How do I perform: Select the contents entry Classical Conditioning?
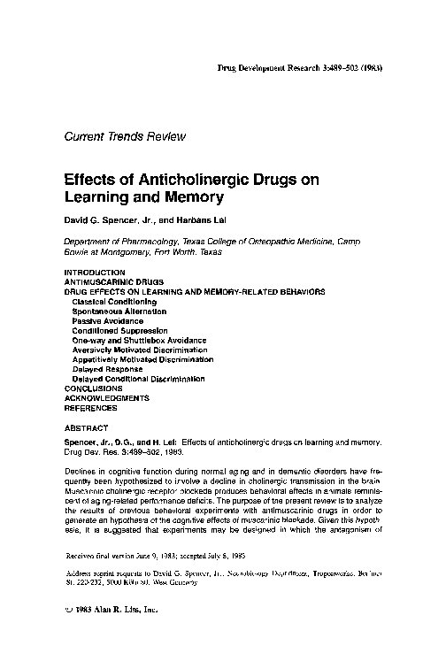(114, 301)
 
